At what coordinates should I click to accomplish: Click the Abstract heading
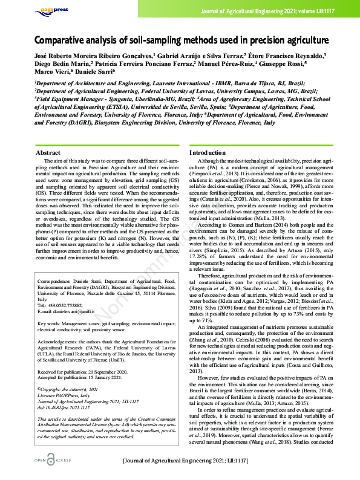point(48,153)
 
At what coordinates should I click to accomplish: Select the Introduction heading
point(208,153)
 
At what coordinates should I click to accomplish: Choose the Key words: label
point(50,322)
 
